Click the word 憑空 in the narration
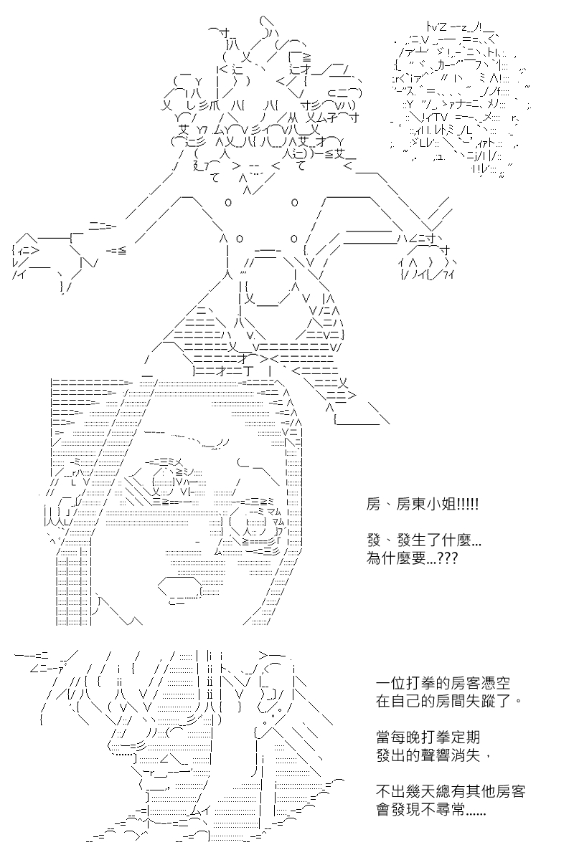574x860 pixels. pyautogui.click(x=495, y=684)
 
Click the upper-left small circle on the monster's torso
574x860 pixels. pyautogui.click(x=228, y=202)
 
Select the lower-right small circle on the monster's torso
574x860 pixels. pyautogui.click(x=294, y=239)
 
